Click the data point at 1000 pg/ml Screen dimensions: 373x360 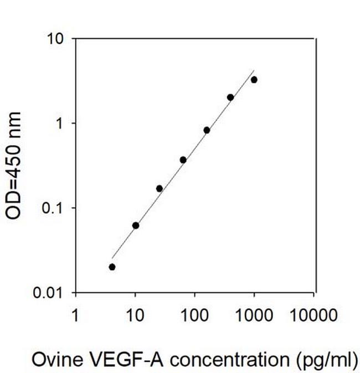click(x=254, y=80)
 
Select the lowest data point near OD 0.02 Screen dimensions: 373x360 click(x=112, y=267)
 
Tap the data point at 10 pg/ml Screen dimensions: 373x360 click(x=136, y=225)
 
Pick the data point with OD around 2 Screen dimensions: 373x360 click(x=230, y=97)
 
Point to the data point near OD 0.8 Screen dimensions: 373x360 click(x=207, y=130)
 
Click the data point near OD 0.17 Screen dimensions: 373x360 click(x=160, y=188)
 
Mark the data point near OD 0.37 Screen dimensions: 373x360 click(x=183, y=160)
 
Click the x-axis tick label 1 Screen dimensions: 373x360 click(x=76, y=316)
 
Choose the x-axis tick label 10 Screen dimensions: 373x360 click(x=135, y=316)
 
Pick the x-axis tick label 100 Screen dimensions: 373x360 click(x=195, y=316)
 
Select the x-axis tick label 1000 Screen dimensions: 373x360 click(x=254, y=316)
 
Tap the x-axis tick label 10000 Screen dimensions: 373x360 click(x=313, y=316)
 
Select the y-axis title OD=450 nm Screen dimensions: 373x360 click(x=14, y=165)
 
